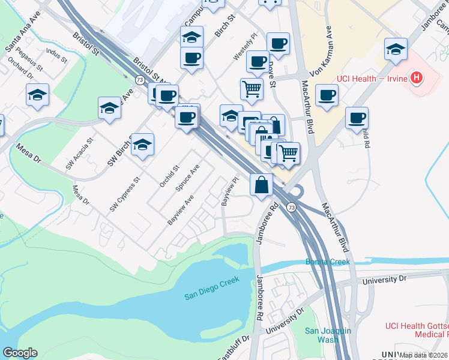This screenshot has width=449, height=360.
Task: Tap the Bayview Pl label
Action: (x=229, y=191)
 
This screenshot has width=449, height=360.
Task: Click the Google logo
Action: (x=20, y=353)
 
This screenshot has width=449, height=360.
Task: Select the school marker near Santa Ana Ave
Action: (x=37, y=95)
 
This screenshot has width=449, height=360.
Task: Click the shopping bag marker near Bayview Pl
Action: (x=262, y=185)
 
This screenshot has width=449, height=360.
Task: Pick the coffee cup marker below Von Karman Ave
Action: (x=327, y=95)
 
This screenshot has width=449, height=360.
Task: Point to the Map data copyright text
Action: (x=424, y=355)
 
